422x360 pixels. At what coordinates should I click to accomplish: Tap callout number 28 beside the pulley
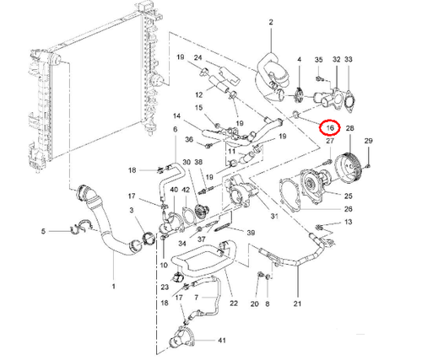click(x=350, y=127)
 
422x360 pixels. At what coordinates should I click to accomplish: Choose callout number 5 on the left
click(x=44, y=229)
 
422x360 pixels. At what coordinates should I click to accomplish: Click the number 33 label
click(x=349, y=60)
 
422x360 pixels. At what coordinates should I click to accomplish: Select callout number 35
click(x=318, y=60)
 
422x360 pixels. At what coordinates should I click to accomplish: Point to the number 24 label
click(x=198, y=56)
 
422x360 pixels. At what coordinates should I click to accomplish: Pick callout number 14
click(x=177, y=116)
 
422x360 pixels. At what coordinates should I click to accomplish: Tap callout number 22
click(x=234, y=303)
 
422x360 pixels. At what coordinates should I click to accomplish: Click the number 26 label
click(x=349, y=208)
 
